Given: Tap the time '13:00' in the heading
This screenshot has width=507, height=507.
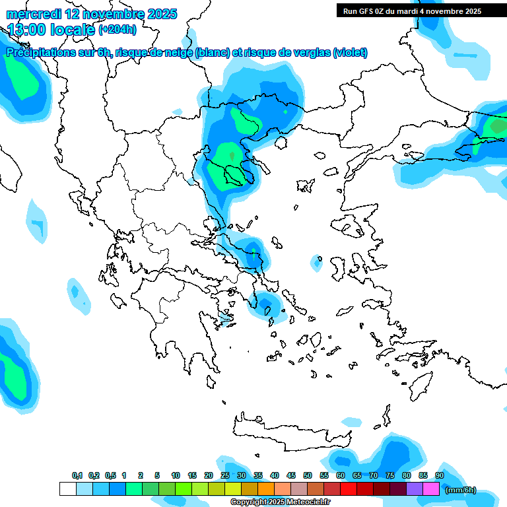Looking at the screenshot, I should (30, 29).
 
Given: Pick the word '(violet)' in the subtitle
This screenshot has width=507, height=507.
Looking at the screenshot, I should (350, 53).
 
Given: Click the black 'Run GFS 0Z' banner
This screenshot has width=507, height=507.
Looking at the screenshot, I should (412, 11).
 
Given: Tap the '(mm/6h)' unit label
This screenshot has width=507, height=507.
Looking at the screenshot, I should (461, 490).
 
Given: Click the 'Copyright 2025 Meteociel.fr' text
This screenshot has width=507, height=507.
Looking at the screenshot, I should (289, 502).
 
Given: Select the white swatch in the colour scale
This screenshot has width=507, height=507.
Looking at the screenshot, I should (67, 489).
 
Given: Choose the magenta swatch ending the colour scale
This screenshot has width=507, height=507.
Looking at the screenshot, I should (431, 489).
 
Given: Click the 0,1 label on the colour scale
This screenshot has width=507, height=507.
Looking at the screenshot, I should (77, 475).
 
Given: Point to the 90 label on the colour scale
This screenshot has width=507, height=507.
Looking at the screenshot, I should (439, 475).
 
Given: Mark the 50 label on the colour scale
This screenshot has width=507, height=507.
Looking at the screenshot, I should (308, 475).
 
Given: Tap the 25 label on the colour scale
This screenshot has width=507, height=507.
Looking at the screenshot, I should (225, 475).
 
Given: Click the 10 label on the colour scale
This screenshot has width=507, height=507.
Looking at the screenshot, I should (176, 475).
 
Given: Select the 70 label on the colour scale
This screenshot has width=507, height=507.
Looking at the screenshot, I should (374, 475).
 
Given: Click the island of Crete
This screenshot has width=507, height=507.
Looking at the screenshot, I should (290, 429).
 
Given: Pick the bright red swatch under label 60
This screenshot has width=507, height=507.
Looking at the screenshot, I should (349, 489).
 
